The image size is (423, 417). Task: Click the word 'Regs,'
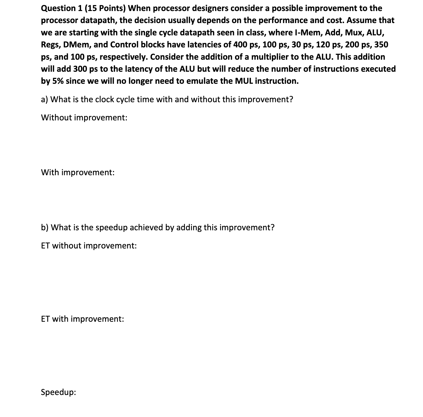(x=51, y=45)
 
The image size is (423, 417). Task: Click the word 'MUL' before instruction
(x=243, y=81)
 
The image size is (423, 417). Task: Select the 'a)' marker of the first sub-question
(x=44, y=99)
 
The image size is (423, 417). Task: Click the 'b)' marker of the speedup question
(x=44, y=227)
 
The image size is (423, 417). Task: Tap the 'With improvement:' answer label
(x=78, y=172)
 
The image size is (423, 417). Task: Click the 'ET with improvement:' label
(x=83, y=319)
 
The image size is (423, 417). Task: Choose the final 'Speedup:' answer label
(x=58, y=392)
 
